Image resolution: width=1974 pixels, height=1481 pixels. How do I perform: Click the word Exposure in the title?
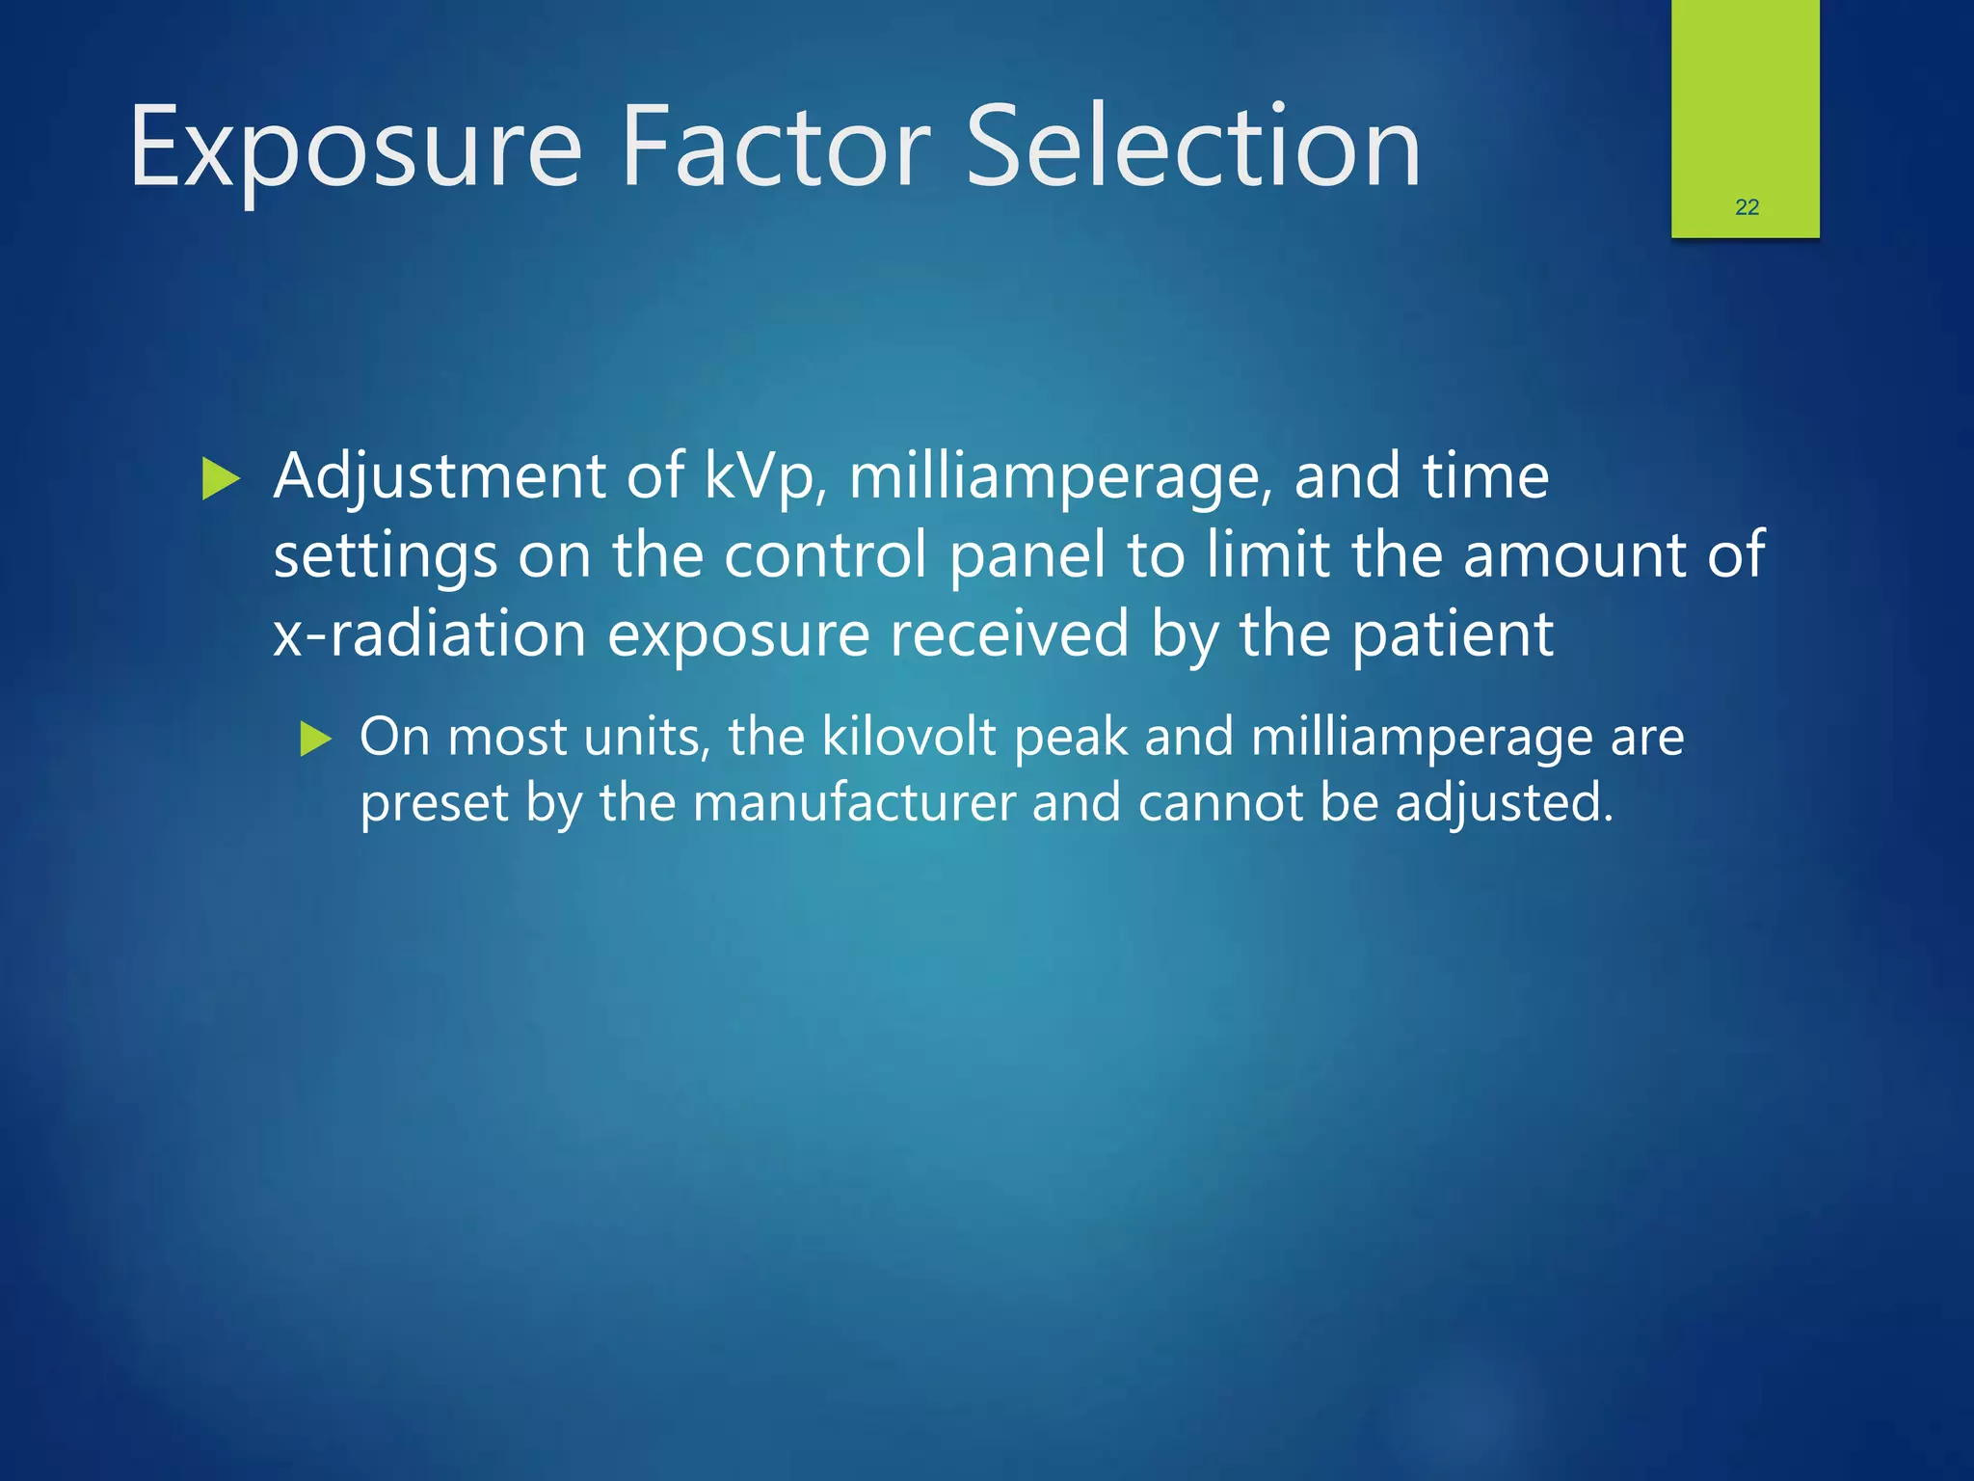coord(356,147)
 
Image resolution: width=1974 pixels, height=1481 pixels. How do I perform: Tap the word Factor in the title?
coord(776,147)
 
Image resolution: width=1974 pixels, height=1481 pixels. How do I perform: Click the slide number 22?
coord(1747,207)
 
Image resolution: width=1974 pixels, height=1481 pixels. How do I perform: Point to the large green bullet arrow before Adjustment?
coord(221,479)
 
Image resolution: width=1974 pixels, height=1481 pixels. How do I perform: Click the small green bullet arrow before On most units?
coord(315,740)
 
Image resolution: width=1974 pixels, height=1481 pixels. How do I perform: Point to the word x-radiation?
coord(430,634)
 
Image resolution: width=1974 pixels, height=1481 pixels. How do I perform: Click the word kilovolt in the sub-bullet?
coord(909,738)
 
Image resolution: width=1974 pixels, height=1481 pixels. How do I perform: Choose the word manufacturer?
coord(854,803)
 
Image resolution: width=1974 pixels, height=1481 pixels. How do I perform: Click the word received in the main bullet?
coord(1008,634)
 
